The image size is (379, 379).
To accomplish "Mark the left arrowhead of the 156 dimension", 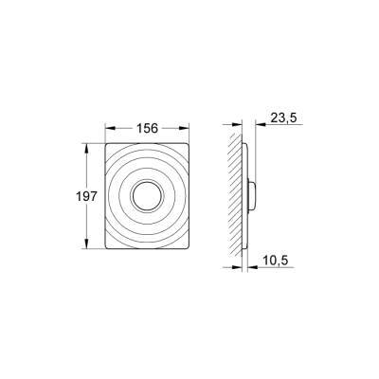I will click(104, 127).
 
